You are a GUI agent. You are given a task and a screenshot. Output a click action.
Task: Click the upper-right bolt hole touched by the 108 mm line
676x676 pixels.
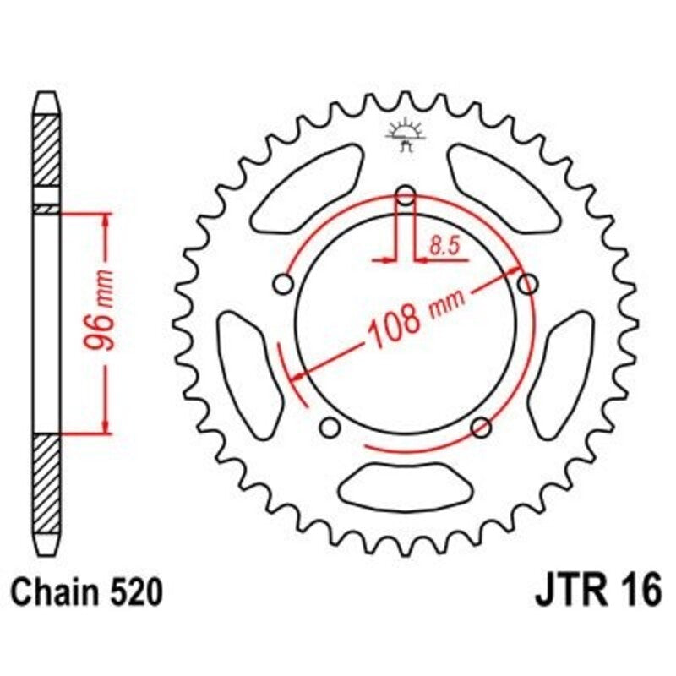pos(528,284)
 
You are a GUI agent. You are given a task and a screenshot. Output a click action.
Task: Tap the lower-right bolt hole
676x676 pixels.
pos(481,426)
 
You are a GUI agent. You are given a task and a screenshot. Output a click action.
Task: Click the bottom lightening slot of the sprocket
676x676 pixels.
pos(406,485)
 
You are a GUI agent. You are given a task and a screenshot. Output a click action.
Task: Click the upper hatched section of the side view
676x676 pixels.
pos(47,156)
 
